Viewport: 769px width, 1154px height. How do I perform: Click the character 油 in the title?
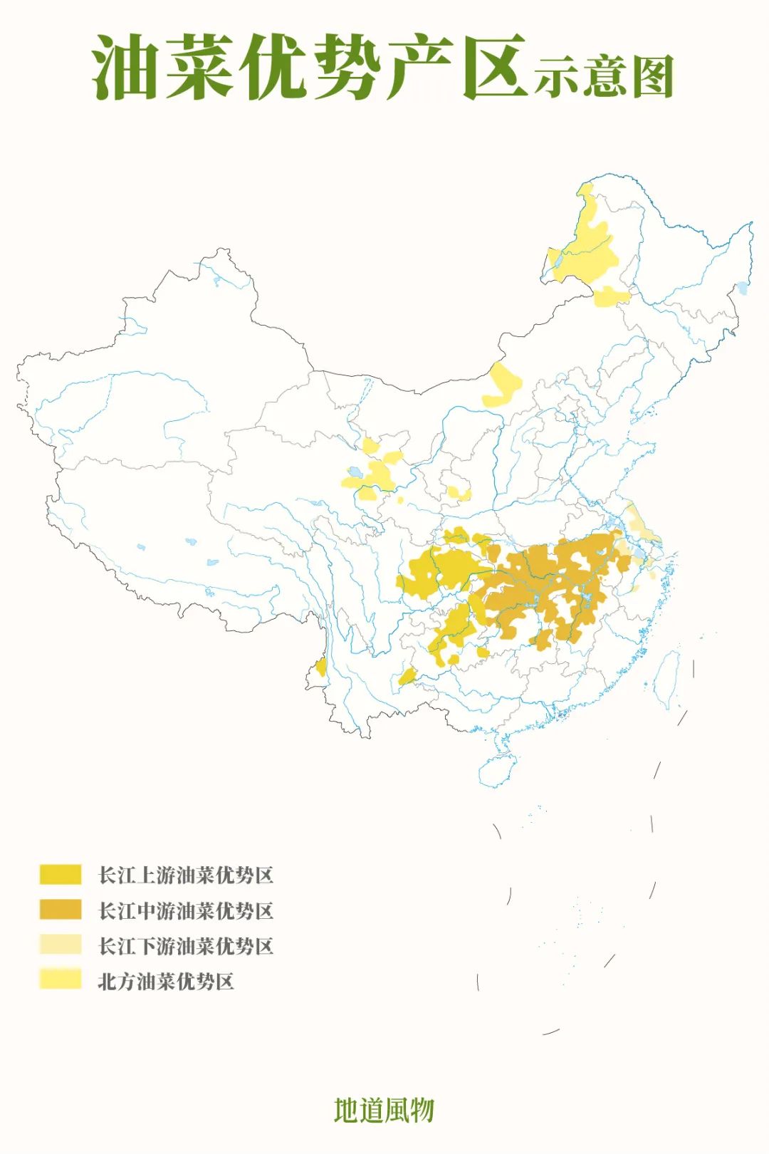126,68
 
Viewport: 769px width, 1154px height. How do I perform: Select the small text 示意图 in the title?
604,76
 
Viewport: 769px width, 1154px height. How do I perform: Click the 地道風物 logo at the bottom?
384,1109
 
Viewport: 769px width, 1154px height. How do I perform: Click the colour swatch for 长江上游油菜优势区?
61,874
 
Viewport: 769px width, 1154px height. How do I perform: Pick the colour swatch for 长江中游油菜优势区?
61,910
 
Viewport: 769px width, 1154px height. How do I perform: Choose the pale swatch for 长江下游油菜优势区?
61,945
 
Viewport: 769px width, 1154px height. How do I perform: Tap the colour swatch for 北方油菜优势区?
61,980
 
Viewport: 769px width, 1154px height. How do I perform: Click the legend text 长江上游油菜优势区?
185,875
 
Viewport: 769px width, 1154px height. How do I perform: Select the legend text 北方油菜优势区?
166,981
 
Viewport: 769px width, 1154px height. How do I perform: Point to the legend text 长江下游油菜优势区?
185,946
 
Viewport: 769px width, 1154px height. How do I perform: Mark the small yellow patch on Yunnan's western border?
321,667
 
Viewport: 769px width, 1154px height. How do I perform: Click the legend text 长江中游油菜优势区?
185,910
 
